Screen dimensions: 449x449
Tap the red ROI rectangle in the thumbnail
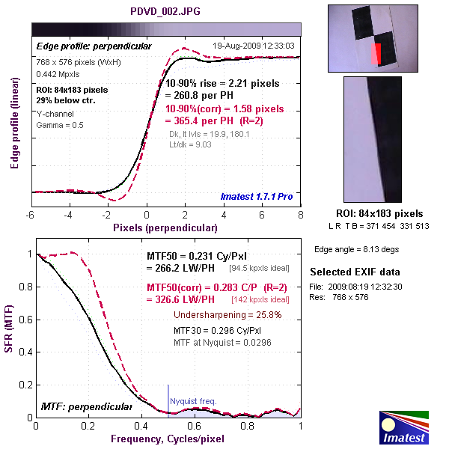[x=376, y=53]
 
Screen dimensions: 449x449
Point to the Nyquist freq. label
[x=193, y=401]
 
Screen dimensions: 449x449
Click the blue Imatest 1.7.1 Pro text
[x=257, y=197]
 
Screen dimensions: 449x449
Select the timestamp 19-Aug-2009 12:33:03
[x=254, y=46]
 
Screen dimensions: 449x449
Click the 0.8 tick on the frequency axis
[x=248, y=426]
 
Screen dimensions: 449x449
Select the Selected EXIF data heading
[x=355, y=272]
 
